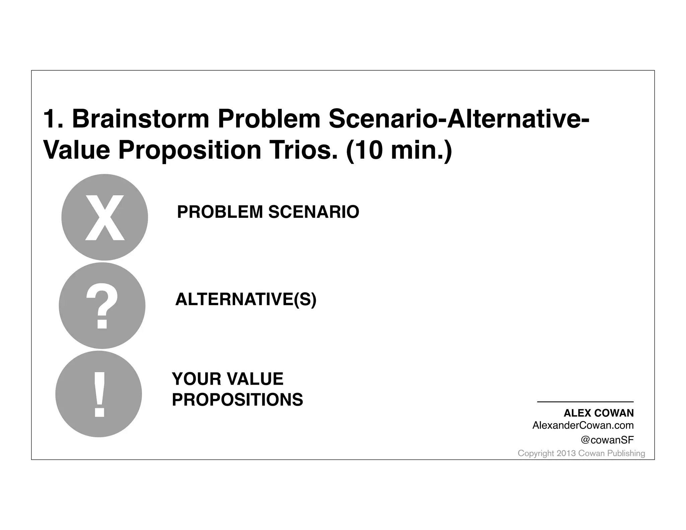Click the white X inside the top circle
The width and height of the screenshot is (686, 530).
pos(105,218)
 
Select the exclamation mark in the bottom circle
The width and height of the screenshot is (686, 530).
pos(99,394)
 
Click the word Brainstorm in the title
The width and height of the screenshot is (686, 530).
pos(141,119)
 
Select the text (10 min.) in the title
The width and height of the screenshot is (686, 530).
pos(399,151)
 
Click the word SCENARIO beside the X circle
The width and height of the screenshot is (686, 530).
pos(314,212)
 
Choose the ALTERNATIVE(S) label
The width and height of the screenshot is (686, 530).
pos(246,299)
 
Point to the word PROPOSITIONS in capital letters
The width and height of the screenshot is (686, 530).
pos(237,400)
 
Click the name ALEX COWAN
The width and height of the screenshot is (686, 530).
pos(599,413)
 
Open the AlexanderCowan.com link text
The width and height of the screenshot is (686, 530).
pos(583,425)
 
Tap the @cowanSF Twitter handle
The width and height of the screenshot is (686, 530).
pos(607,440)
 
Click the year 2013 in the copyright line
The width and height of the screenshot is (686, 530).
pos(566,453)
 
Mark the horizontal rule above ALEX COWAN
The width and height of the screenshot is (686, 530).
pos(585,402)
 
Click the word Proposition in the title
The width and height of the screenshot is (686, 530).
pos(190,151)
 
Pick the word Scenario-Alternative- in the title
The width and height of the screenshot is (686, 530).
pos(459,119)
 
